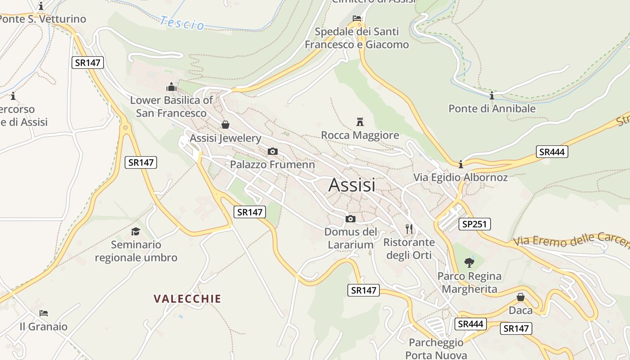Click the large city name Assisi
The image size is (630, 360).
[x=352, y=185]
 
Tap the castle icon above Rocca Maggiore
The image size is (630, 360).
[x=360, y=121]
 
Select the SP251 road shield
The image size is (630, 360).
[x=475, y=224]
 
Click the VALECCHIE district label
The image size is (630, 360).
[x=187, y=299]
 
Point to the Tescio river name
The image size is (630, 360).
[x=182, y=22]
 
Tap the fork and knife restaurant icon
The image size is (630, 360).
[x=409, y=229]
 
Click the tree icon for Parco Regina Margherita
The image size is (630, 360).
[x=469, y=262]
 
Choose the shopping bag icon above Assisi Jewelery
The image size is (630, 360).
[x=225, y=125]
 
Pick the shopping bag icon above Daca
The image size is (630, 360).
[x=521, y=297]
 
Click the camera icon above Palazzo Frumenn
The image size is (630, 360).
[x=272, y=151]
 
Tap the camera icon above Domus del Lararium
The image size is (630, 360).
[x=351, y=219]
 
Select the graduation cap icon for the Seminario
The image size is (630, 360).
[x=135, y=231]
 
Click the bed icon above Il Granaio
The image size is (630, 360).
[x=44, y=313]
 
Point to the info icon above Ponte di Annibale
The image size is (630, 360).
[x=492, y=95]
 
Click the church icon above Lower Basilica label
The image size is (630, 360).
[x=171, y=86]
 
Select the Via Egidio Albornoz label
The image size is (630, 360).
[x=460, y=177]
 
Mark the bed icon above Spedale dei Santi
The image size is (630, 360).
[x=357, y=18]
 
